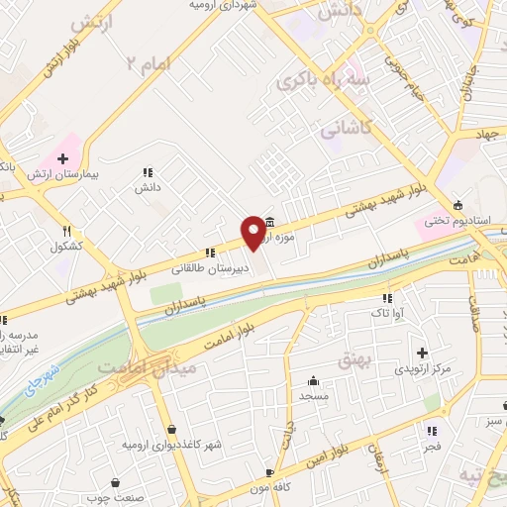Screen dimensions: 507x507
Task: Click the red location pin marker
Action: [254, 232]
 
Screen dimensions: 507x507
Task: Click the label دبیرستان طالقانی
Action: [210, 267]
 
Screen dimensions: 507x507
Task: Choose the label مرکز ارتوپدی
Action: [423, 368]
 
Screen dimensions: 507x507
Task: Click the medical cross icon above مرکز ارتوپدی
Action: [423, 353]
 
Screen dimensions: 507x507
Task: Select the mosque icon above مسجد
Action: [314, 379]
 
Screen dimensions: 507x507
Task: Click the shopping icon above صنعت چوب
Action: [116, 483]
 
